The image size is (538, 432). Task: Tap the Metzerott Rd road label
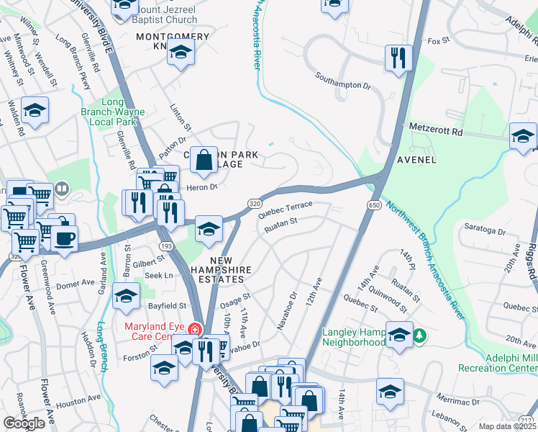438,127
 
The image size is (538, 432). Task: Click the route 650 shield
374,205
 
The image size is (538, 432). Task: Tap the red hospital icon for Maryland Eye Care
193,330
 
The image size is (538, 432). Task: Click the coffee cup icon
64,238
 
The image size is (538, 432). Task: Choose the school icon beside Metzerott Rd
523,136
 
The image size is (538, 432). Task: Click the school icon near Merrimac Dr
390,392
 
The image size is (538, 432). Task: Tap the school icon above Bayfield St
126,297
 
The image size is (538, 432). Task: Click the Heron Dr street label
201,187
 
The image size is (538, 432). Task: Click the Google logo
24,423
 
